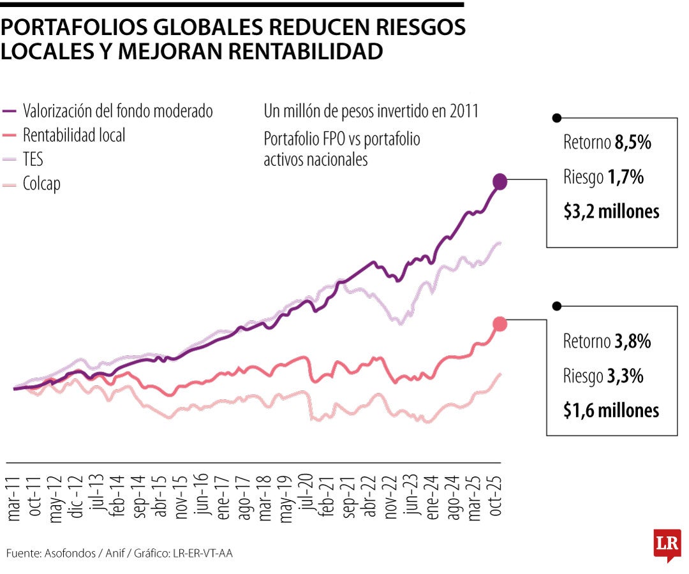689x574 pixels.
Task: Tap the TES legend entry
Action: coord(33,159)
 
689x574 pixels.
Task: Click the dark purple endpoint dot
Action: coord(500,182)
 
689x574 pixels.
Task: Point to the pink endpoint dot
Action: coord(500,324)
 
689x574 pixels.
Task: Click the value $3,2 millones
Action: coord(611,212)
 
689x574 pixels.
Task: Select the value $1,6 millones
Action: coord(611,411)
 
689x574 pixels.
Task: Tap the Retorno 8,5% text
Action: coord(607,143)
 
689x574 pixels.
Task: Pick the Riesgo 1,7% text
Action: coord(603,177)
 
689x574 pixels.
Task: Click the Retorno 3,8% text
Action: coord(607,342)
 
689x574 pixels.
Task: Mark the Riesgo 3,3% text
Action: coord(603,376)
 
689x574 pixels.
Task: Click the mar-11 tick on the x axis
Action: coord(15,497)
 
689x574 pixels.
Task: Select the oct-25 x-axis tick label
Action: coord(496,497)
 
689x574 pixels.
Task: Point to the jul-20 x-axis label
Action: coord(307,497)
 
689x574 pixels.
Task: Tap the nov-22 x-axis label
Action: coord(391,497)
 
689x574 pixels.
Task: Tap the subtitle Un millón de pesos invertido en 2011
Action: coord(371,111)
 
